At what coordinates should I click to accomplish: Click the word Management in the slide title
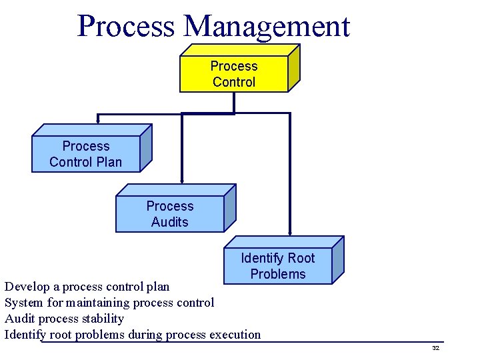tap(267, 27)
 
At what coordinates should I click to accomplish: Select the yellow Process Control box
tap(234, 74)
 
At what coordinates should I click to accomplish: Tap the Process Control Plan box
tap(86, 154)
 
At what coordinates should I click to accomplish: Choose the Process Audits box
tap(170, 214)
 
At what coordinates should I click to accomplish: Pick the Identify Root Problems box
tap(278, 266)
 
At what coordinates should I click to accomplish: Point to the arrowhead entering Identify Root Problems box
tap(290, 232)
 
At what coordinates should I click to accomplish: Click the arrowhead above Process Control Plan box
tap(98, 121)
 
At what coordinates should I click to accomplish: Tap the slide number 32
tap(435, 349)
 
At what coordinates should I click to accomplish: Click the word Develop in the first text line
tap(27, 287)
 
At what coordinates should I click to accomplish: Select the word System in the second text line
tap(23, 303)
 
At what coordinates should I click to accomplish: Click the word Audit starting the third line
tap(20, 319)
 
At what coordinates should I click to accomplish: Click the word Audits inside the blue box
tap(170, 222)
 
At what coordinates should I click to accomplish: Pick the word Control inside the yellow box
tap(234, 82)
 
